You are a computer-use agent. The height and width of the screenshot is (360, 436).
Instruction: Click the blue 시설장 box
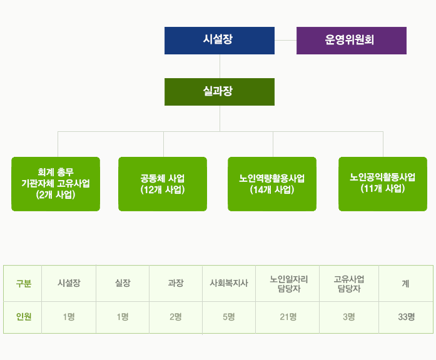[x=220, y=41]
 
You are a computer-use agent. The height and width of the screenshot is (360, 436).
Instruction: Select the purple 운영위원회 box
[x=352, y=41]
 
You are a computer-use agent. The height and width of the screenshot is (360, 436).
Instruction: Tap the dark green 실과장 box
[x=220, y=92]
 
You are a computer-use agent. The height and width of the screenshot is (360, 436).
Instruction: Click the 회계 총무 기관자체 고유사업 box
[x=56, y=184]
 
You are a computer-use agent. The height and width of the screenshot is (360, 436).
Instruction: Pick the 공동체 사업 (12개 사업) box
[x=163, y=184]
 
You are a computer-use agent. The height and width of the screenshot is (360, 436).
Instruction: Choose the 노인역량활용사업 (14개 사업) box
[x=272, y=184]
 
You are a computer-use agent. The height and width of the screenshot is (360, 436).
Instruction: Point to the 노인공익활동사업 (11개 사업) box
[x=383, y=184]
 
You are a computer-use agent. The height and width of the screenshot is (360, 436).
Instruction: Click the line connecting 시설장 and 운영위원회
[x=286, y=40]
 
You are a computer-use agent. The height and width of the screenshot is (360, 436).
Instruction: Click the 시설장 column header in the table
[x=69, y=283]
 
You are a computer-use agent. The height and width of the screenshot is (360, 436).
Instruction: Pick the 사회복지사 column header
[x=229, y=283]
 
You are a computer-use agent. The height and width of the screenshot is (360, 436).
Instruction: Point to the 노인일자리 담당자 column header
[x=288, y=283]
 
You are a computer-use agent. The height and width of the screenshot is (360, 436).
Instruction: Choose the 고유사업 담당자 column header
[x=349, y=283]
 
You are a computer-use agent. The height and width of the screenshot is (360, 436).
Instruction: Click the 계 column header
[x=406, y=283]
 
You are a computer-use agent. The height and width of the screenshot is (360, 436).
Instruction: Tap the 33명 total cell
[x=406, y=317]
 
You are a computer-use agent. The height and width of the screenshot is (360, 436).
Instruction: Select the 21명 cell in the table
[x=288, y=317]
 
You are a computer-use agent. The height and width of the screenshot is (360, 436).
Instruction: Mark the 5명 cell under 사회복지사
[x=229, y=317]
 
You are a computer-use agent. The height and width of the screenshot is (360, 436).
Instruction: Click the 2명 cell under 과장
[x=176, y=317]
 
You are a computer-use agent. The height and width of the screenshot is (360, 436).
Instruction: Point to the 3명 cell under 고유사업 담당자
[x=349, y=317]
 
